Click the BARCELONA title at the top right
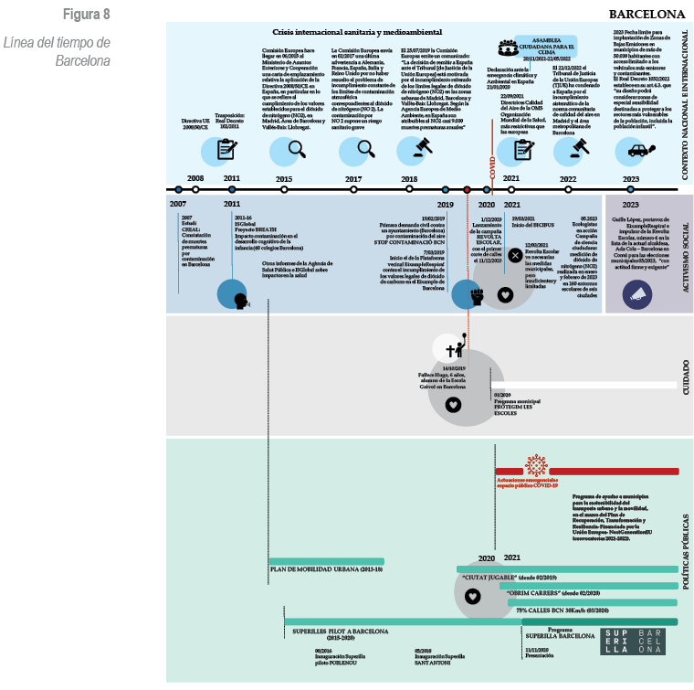pos(647,15)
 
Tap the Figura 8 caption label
pos(87,15)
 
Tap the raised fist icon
pos(475,297)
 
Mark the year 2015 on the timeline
pos(284,179)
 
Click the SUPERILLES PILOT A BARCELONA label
pos(341,632)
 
